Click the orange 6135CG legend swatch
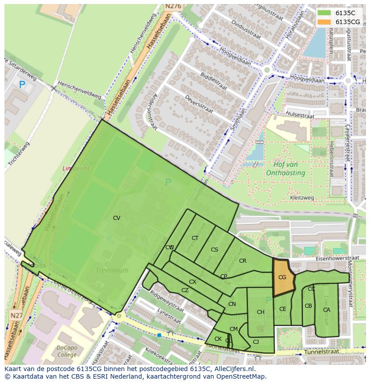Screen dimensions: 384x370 pos(324,22)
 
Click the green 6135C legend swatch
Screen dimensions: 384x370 pos(324,13)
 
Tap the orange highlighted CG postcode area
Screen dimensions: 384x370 pos(283,277)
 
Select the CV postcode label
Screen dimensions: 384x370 pos(117,218)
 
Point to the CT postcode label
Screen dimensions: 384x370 pos(195,238)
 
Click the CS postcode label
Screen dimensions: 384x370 pos(214,249)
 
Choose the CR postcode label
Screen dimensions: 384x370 pos(243,261)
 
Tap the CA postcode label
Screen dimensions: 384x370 pos(327,310)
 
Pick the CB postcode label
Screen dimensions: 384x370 pos(308,306)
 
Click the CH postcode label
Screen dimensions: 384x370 pos(261,312)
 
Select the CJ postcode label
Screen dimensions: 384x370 pos(256,342)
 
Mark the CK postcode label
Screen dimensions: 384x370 pos(218,339)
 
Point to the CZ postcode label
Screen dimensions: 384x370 pos(185,290)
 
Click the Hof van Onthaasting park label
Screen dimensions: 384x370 pos(285,169)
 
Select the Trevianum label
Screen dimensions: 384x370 pos(112,270)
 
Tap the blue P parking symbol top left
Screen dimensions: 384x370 pos(22,84)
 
